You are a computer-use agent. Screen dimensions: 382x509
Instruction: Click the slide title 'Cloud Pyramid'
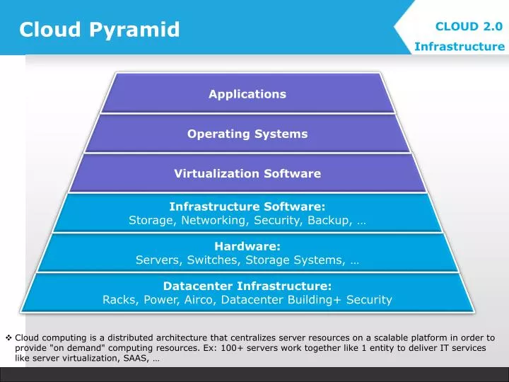(99, 30)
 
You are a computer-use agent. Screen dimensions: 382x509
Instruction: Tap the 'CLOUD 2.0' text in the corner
(469, 26)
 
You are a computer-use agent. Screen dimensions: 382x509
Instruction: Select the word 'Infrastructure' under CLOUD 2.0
(460, 47)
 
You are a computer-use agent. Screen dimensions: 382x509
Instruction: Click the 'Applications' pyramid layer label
(247, 94)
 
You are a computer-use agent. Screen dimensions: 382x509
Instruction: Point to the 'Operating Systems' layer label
(247, 134)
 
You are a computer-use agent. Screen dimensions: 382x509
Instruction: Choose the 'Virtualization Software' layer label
(247, 173)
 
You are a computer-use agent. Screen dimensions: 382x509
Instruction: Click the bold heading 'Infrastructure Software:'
(247, 207)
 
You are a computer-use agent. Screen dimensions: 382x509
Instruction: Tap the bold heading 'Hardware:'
(247, 246)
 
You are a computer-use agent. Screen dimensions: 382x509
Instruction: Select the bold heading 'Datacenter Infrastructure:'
(247, 286)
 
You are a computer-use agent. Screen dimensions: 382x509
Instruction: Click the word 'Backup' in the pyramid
(332, 221)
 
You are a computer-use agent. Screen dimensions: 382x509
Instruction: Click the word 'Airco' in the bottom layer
(201, 300)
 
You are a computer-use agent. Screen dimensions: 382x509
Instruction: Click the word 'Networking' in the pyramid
(211, 221)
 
